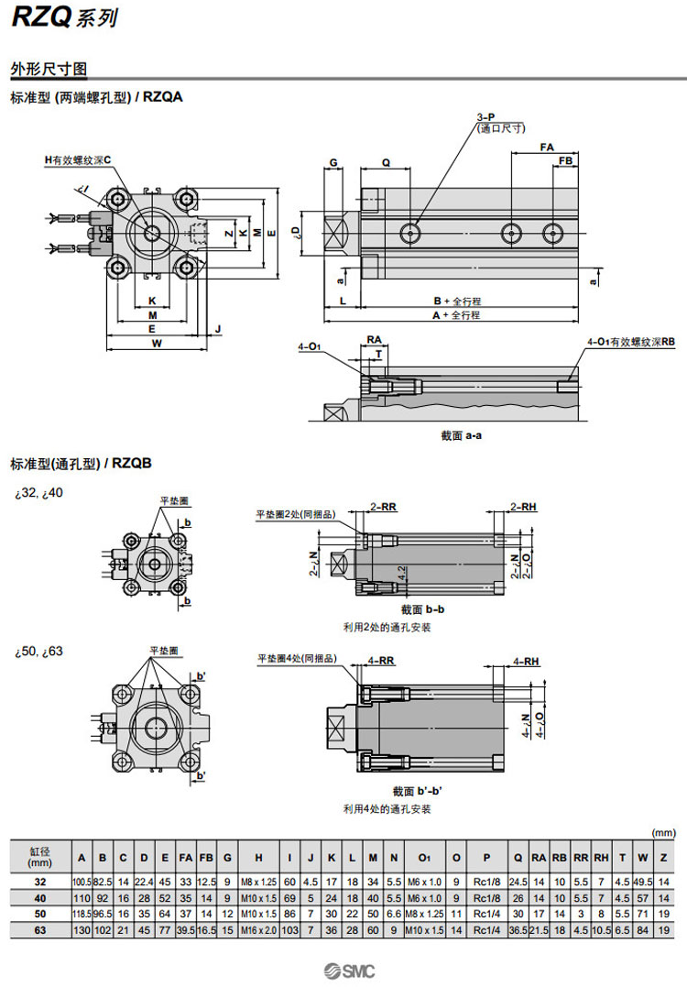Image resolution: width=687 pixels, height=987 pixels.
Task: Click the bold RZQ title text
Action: tap(42, 17)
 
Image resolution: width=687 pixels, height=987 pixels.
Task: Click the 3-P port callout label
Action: tap(485, 117)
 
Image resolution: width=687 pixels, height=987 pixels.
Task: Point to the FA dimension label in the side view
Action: tap(547, 147)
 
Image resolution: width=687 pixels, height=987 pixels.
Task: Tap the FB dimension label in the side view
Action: tap(566, 161)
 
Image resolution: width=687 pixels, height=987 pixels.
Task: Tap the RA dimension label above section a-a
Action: tap(374, 339)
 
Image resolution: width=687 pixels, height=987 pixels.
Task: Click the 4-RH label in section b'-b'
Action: tap(526, 661)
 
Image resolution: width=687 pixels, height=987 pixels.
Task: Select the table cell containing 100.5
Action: tap(82, 881)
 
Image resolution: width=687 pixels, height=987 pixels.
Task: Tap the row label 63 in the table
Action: tap(39, 930)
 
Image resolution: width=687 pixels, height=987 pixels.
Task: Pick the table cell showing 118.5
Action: tap(82, 914)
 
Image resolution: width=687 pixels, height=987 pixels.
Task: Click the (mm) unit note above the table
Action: tap(662, 832)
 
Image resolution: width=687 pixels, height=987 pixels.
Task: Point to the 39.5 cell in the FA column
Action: tap(185, 930)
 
